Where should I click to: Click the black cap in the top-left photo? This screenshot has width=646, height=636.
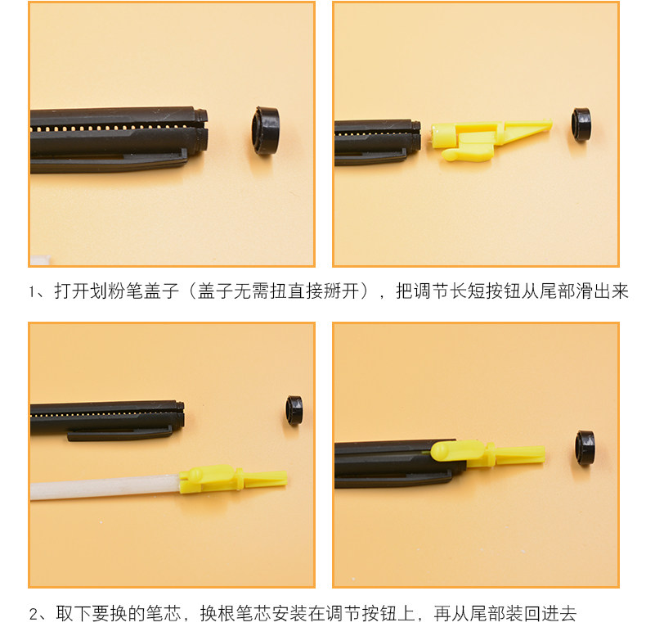pos(265,130)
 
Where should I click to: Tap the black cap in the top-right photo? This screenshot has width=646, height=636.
pos(581,125)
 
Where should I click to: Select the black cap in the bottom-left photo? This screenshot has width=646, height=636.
pos(294,410)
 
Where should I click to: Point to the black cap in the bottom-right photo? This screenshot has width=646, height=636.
pos(585,448)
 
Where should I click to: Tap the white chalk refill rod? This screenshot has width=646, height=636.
pos(105,488)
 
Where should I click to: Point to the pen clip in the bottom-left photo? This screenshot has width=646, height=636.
pos(119,434)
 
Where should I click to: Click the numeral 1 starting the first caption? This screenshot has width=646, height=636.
pos(32,292)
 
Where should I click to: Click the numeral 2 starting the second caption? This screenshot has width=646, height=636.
pos(34,614)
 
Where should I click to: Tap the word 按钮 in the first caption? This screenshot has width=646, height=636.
pos(504,291)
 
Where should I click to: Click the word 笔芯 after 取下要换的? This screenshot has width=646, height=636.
pos(164,613)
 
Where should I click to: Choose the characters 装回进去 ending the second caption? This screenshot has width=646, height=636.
pos(541,613)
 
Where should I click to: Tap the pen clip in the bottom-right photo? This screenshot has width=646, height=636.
pos(393,480)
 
